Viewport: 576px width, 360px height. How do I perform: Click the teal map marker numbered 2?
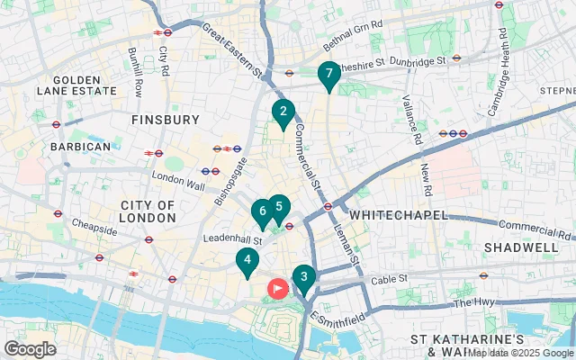(283, 112)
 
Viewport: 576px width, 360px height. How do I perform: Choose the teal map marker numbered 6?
(262, 212)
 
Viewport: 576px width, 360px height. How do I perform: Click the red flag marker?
(278, 288)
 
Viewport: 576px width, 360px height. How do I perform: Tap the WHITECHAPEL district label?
(391, 215)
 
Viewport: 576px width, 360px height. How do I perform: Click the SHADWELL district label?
(521, 247)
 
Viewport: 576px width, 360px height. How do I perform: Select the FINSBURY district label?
(165, 119)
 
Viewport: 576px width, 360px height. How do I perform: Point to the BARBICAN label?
(80, 146)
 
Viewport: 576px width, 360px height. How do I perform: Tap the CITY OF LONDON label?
(148, 211)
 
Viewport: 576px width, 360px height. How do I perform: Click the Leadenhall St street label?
(231, 240)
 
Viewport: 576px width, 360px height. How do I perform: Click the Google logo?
(30, 348)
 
